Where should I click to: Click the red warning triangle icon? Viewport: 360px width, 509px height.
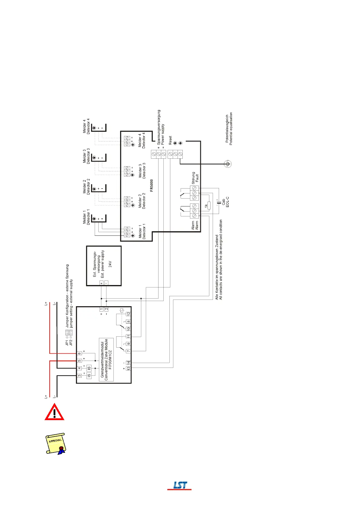tap(54, 412)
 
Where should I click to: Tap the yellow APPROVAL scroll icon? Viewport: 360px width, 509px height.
tap(55, 443)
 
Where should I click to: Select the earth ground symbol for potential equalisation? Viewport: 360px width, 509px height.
tap(228, 164)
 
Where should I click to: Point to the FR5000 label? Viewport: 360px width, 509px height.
tap(152, 185)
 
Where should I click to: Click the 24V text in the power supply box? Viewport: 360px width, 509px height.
tap(110, 264)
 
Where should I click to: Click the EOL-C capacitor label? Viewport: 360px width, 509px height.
tap(225, 202)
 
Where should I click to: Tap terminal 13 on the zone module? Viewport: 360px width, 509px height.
tap(128, 368)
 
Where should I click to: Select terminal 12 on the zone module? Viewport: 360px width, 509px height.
tap(128, 314)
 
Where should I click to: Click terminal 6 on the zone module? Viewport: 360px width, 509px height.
tap(79, 353)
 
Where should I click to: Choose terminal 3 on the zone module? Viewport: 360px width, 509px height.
tap(79, 376)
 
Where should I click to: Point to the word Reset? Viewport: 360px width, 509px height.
tap(170, 140)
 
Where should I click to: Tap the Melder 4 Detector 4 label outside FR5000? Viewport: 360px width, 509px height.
tap(86, 126)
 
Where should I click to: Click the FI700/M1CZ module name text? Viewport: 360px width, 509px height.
tap(110, 360)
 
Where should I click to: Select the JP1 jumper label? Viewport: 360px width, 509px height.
tap(67, 342)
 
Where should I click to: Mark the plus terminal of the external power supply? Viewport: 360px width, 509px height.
tap(101, 283)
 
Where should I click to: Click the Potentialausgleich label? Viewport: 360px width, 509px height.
tap(227, 128)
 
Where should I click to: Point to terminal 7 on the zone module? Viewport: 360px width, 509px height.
tap(128, 351)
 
